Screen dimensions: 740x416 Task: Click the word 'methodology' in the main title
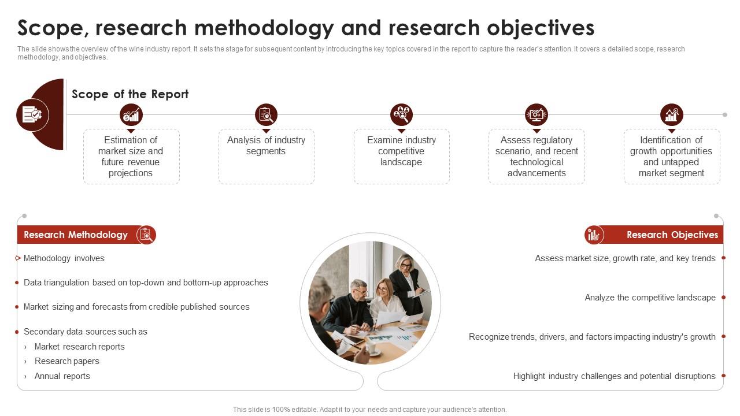pos(264,28)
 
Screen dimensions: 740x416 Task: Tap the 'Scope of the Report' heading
pos(130,94)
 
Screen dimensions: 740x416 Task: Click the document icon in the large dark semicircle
pos(32,115)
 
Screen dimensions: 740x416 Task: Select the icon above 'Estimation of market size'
pos(131,115)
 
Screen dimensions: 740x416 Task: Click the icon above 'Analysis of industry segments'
pos(267,115)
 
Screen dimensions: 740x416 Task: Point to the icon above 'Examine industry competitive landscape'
pos(401,115)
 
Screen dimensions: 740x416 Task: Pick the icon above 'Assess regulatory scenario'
pos(536,115)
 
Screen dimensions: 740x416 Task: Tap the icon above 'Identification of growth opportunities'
pos(672,115)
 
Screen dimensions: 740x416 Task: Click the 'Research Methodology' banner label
pos(76,235)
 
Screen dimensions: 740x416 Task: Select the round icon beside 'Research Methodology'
pos(146,235)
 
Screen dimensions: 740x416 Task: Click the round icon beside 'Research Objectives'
pos(594,235)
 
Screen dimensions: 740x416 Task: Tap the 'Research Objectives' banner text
pos(672,235)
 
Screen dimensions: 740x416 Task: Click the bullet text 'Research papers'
pos(66,361)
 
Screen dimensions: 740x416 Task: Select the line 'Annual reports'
pos(62,376)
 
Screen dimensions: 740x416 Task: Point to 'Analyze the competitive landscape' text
pos(650,298)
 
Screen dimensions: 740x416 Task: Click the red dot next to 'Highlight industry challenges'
pos(723,376)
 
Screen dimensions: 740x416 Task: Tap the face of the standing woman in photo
pos(405,263)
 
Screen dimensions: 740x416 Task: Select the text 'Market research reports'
pos(80,347)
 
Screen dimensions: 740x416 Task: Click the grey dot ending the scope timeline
pos(725,115)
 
